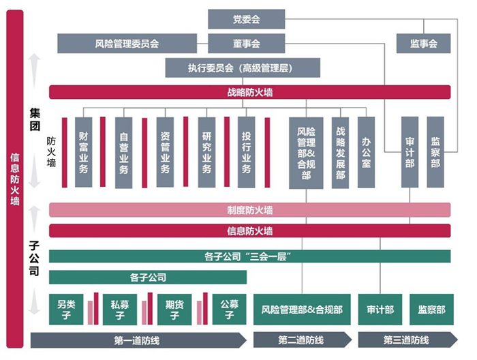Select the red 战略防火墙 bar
(x=249, y=91)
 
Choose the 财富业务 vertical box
(x=84, y=152)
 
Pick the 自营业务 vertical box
(x=123, y=152)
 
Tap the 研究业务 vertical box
(x=207, y=152)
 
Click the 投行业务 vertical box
(x=247, y=152)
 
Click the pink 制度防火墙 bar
(x=249, y=210)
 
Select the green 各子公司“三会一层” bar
(x=249, y=256)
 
